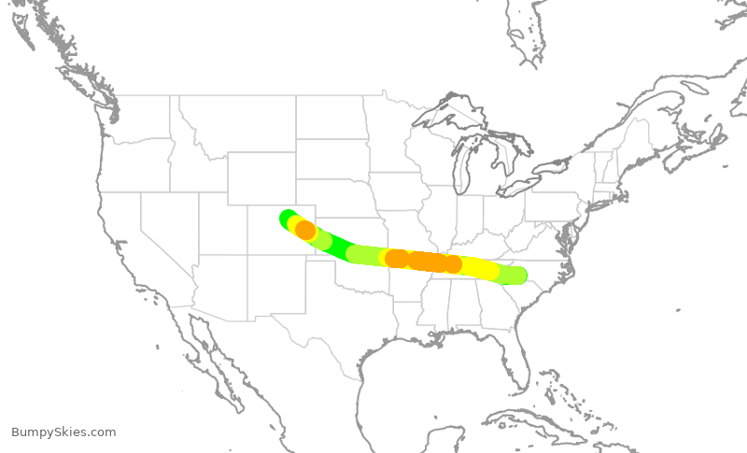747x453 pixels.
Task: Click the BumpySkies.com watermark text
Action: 63,432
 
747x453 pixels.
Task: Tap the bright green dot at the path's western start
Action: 288,218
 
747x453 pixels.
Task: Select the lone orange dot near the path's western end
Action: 304,230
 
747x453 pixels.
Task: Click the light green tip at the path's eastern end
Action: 516,275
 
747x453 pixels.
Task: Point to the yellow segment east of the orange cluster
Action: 481,269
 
